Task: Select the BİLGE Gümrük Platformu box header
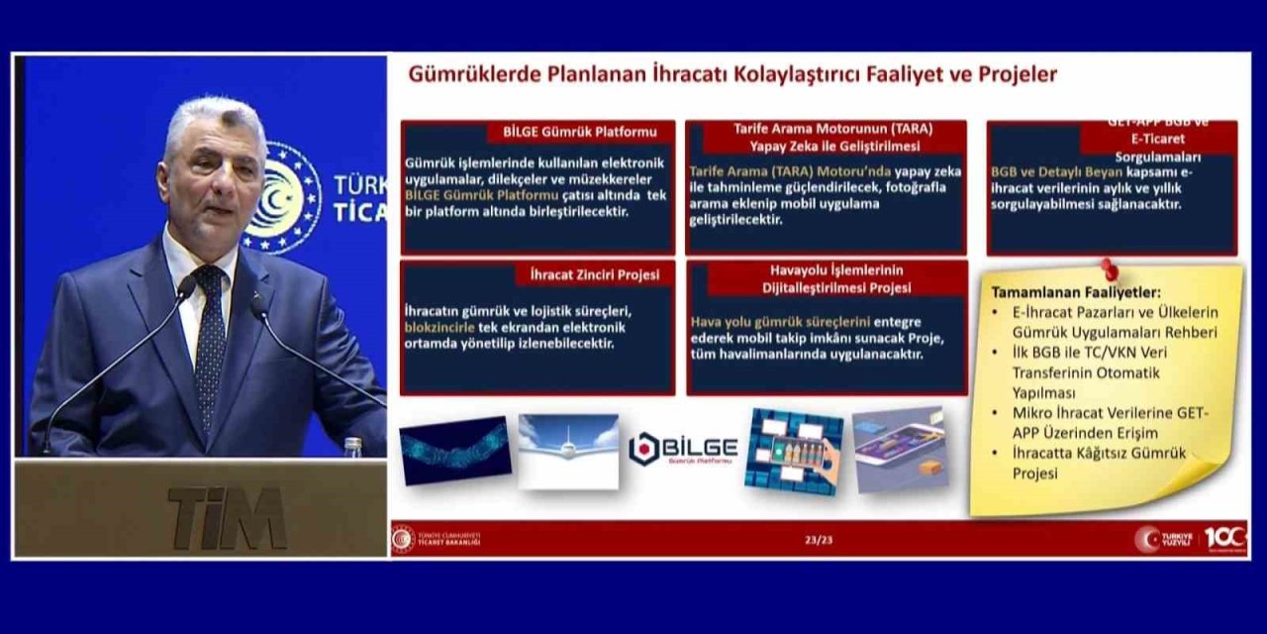click(x=579, y=132)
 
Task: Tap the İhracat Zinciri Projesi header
click(x=587, y=274)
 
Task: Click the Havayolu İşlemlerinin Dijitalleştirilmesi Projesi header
click(x=826, y=278)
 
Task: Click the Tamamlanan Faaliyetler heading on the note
click(x=1062, y=292)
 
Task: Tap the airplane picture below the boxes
click(x=568, y=451)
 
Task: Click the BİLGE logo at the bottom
click(x=683, y=449)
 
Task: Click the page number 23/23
click(x=818, y=540)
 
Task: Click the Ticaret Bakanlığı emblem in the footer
click(x=403, y=539)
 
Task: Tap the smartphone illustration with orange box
click(x=900, y=449)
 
